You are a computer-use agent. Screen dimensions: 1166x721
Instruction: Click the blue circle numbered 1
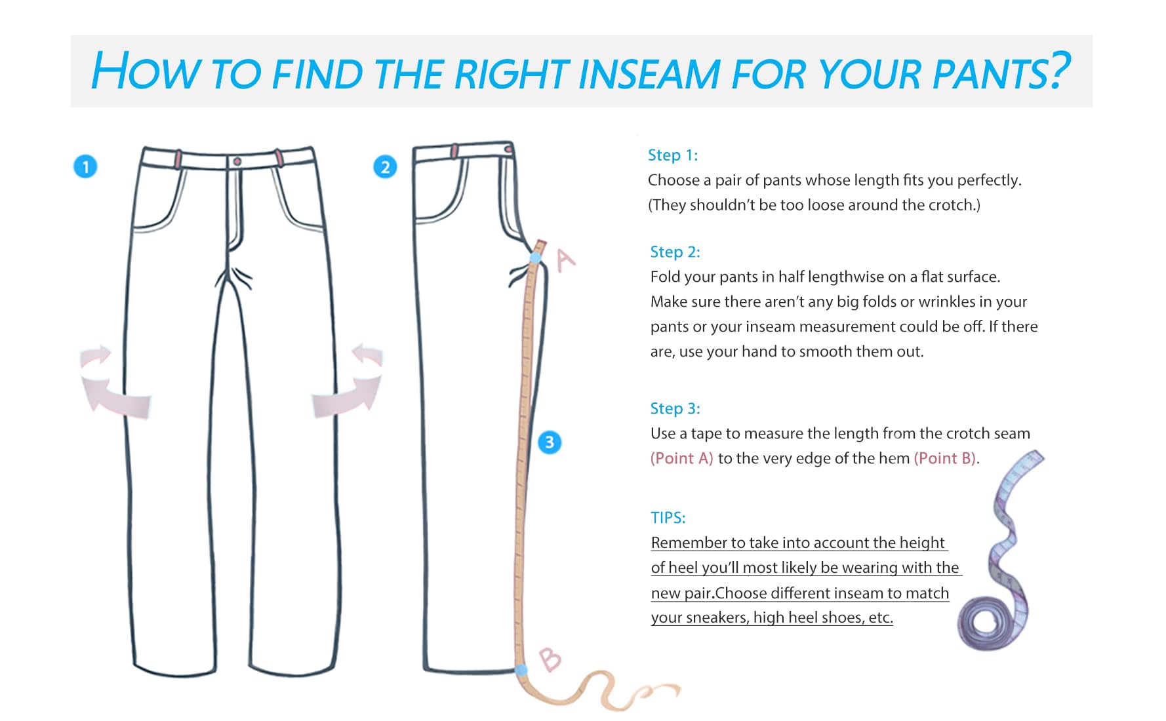[85, 166]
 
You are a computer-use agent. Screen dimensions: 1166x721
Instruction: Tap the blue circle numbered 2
[385, 167]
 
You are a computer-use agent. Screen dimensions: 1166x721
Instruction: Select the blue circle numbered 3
[550, 442]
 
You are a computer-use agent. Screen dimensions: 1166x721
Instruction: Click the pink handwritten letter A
[565, 260]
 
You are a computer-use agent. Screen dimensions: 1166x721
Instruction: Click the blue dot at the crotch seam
[536, 258]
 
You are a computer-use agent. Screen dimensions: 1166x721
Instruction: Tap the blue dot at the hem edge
[521, 670]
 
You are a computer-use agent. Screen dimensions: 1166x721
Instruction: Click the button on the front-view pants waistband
[237, 161]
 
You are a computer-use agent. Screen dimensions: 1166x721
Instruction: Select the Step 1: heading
[673, 155]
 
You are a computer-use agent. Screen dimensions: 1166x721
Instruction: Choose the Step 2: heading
[675, 252]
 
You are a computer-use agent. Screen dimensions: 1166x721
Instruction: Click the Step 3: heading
[675, 409]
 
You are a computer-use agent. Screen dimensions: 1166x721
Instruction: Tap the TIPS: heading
[668, 518]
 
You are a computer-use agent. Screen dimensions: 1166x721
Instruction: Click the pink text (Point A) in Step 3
[681, 458]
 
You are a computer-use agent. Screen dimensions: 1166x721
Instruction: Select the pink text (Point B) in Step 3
[945, 458]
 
